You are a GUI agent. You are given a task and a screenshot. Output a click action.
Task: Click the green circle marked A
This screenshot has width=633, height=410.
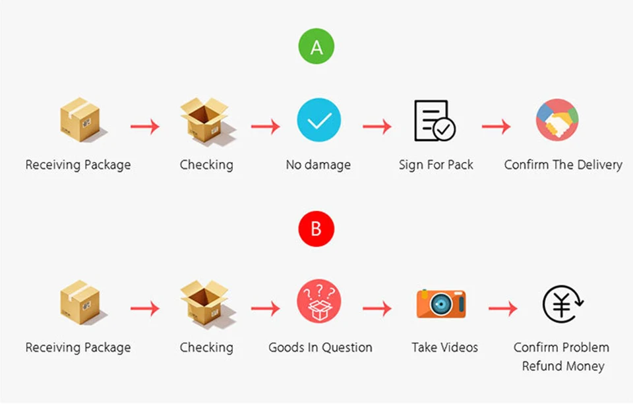[x=316, y=46]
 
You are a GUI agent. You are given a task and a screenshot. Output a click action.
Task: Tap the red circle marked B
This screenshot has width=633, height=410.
[x=316, y=229]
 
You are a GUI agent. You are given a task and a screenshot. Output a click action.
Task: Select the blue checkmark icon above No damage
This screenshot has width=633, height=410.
[x=319, y=120]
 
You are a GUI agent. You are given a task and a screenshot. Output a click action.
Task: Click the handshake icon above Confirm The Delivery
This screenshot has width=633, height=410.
[x=557, y=120]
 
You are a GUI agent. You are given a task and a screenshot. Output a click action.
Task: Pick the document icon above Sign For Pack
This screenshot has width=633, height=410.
[x=435, y=120]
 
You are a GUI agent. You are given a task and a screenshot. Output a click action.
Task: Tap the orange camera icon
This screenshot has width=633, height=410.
[x=441, y=303]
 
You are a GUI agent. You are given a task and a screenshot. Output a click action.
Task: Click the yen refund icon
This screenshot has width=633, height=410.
[x=562, y=304]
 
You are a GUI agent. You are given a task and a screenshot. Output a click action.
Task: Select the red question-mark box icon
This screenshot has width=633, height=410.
[x=319, y=301]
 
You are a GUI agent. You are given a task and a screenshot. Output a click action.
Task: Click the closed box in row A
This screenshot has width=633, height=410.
[x=81, y=119]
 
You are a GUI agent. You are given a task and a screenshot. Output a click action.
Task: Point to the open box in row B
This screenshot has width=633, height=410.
[x=206, y=303]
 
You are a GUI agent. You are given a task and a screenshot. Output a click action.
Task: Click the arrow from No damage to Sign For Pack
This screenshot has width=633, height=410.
[x=377, y=127]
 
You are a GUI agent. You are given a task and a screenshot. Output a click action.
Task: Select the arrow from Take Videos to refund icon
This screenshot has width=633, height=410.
[x=502, y=308]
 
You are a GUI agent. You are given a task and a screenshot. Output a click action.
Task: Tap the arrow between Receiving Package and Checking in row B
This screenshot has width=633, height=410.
[x=145, y=308]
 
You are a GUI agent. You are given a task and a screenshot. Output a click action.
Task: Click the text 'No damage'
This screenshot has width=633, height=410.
[x=318, y=165]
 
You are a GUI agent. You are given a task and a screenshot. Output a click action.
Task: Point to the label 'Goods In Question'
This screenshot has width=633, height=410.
[x=320, y=347]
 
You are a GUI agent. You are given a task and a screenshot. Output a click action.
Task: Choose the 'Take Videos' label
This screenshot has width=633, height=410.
[x=444, y=347]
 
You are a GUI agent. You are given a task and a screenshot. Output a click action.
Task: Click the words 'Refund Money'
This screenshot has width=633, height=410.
[x=563, y=366]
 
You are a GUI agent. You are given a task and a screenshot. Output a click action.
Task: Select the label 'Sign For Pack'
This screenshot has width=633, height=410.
[x=436, y=165]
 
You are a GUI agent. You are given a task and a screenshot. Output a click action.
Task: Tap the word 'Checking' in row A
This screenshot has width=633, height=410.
[x=206, y=165]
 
